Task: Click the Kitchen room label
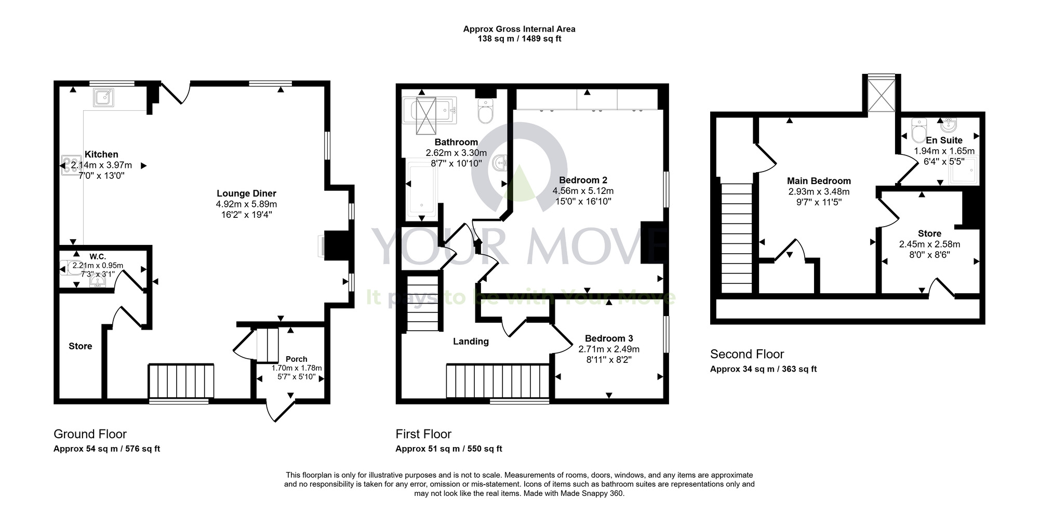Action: point(101,154)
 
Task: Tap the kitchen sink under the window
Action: point(104,97)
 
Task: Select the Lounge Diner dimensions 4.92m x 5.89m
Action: point(246,204)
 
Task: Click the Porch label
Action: point(296,359)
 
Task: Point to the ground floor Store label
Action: point(81,346)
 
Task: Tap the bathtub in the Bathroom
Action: point(421,189)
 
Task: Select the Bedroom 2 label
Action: point(583,180)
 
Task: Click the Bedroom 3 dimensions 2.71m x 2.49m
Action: point(609,349)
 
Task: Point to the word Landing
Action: point(471,342)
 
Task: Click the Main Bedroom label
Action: point(819,181)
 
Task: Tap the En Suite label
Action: point(944,140)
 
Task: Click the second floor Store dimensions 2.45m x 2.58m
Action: point(929,244)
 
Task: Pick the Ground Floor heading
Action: point(90,434)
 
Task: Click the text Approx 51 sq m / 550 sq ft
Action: point(449,449)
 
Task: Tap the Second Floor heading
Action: point(747,354)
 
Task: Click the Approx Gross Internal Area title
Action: point(519,29)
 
